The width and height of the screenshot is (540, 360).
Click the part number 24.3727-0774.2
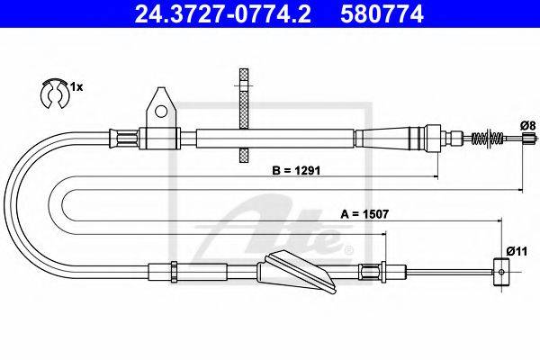(x=223, y=13)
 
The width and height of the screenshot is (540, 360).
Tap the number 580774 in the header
(x=382, y=13)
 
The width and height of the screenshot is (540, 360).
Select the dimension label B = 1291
(x=296, y=170)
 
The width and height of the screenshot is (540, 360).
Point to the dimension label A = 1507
(x=364, y=214)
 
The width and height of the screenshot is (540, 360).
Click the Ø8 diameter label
(x=528, y=126)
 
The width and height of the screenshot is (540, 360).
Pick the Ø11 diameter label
(x=517, y=251)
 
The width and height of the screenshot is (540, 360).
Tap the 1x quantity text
(x=76, y=87)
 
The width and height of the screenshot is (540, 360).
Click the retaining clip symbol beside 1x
(x=55, y=94)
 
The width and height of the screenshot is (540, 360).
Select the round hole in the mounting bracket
(x=160, y=111)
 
